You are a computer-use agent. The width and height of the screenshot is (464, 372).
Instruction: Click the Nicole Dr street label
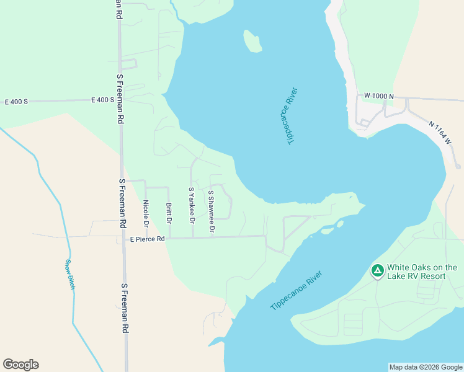(x=146, y=212)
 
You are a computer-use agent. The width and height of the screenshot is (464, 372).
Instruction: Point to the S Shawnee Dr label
(x=212, y=212)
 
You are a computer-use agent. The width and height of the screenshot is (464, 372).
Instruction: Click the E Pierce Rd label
(x=147, y=239)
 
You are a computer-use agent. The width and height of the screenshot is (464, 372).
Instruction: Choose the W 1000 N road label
(x=380, y=96)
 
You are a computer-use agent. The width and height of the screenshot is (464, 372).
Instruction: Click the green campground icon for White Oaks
(x=377, y=271)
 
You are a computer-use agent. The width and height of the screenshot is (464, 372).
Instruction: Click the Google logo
(x=20, y=365)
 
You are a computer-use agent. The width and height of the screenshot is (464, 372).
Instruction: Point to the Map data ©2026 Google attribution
(x=426, y=367)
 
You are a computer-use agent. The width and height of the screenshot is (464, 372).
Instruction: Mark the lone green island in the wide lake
(x=252, y=42)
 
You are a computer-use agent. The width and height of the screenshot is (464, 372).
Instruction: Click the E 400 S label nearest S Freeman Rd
(x=102, y=100)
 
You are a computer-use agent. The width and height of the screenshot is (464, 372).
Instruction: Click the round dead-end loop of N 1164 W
(x=458, y=166)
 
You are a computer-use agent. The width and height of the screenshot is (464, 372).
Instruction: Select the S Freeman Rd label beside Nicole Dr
(x=123, y=203)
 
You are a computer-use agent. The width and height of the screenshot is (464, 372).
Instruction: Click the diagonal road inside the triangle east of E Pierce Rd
(x=297, y=231)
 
